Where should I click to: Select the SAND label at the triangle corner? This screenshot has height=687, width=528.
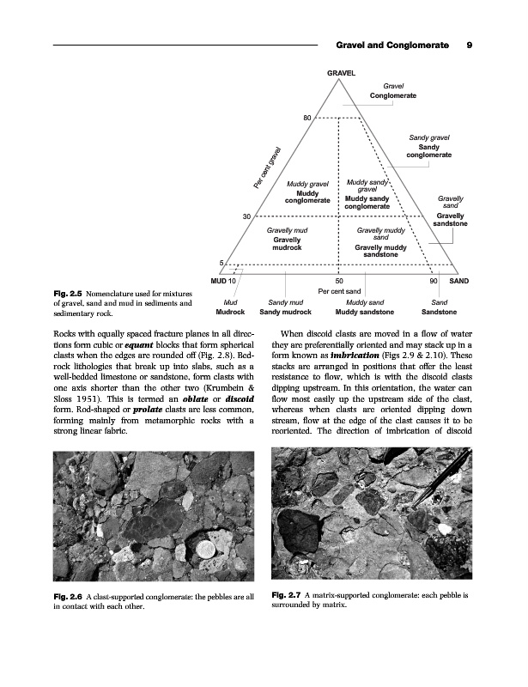[x=459, y=281]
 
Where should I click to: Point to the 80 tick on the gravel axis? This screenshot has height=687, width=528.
[x=306, y=117]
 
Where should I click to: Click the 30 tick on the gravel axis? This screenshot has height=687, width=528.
[x=247, y=216]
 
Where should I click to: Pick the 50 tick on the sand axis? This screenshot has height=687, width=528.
[x=339, y=281]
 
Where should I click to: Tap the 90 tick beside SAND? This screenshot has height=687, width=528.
[x=435, y=281]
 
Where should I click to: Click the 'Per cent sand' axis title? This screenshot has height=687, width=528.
[x=340, y=291]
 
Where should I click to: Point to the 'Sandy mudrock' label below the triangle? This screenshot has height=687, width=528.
[x=286, y=313]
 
